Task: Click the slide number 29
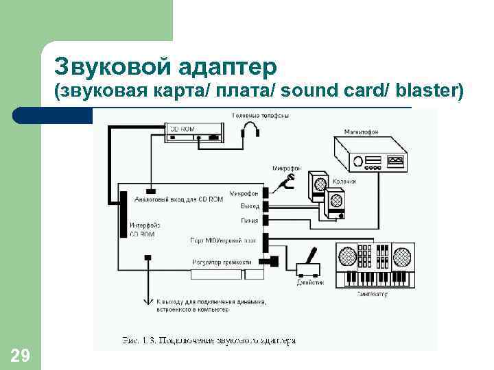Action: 20,355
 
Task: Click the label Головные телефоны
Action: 259,115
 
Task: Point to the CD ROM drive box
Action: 194,133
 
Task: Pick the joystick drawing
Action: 308,265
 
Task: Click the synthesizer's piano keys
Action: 375,278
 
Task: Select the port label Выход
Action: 250,206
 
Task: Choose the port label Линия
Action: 249,221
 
